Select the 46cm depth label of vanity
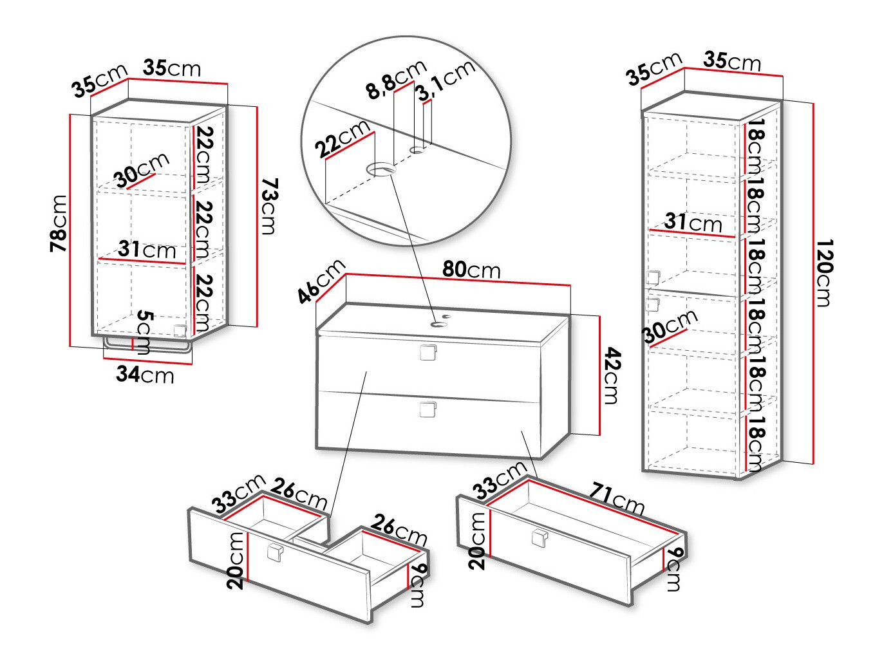pyautogui.click(x=321, y=281)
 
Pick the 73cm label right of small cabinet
pyautogui.click(x=269, y=207)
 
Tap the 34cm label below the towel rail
pyautogui.click(x=145, y=374)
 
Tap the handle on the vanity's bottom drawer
pyautogui.click(x=428, y=409)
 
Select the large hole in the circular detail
pyautogui.click(x=381, y=170)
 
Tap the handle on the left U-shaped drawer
pyautogui.click(x=275, y=552)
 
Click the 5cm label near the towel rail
pyautogui.click(x=146, y=331)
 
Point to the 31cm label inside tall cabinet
pyautogui.click(x=693, y=222)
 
